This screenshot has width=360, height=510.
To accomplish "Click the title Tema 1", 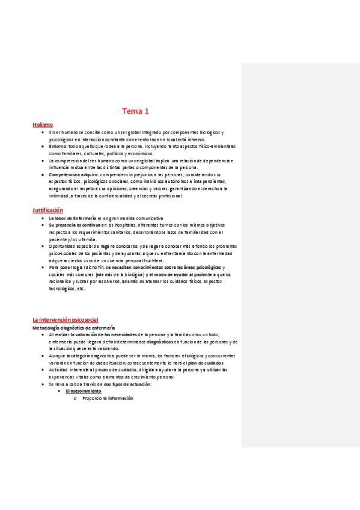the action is [135, 111].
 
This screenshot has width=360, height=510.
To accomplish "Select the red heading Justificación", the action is [47, 210].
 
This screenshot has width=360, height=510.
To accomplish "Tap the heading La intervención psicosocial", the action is [65, 319].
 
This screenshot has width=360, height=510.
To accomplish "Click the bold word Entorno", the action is [58, 146].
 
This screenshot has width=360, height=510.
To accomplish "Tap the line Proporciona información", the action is [108, 398].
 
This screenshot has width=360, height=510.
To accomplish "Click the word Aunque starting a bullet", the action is [58, 355].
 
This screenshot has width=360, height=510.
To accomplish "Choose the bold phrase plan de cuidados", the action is [148, 363].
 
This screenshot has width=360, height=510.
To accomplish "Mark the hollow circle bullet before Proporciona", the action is [75, 398].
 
